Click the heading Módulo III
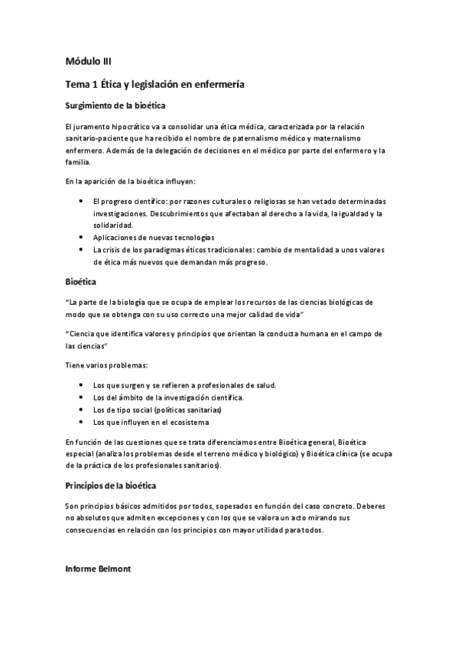point(89,62)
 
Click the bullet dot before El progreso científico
point(81,200)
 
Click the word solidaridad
point(112,225)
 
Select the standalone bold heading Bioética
point(80,283)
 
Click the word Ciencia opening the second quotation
point(83,334)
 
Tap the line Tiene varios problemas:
point(102,365)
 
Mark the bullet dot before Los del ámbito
point(81,397)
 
